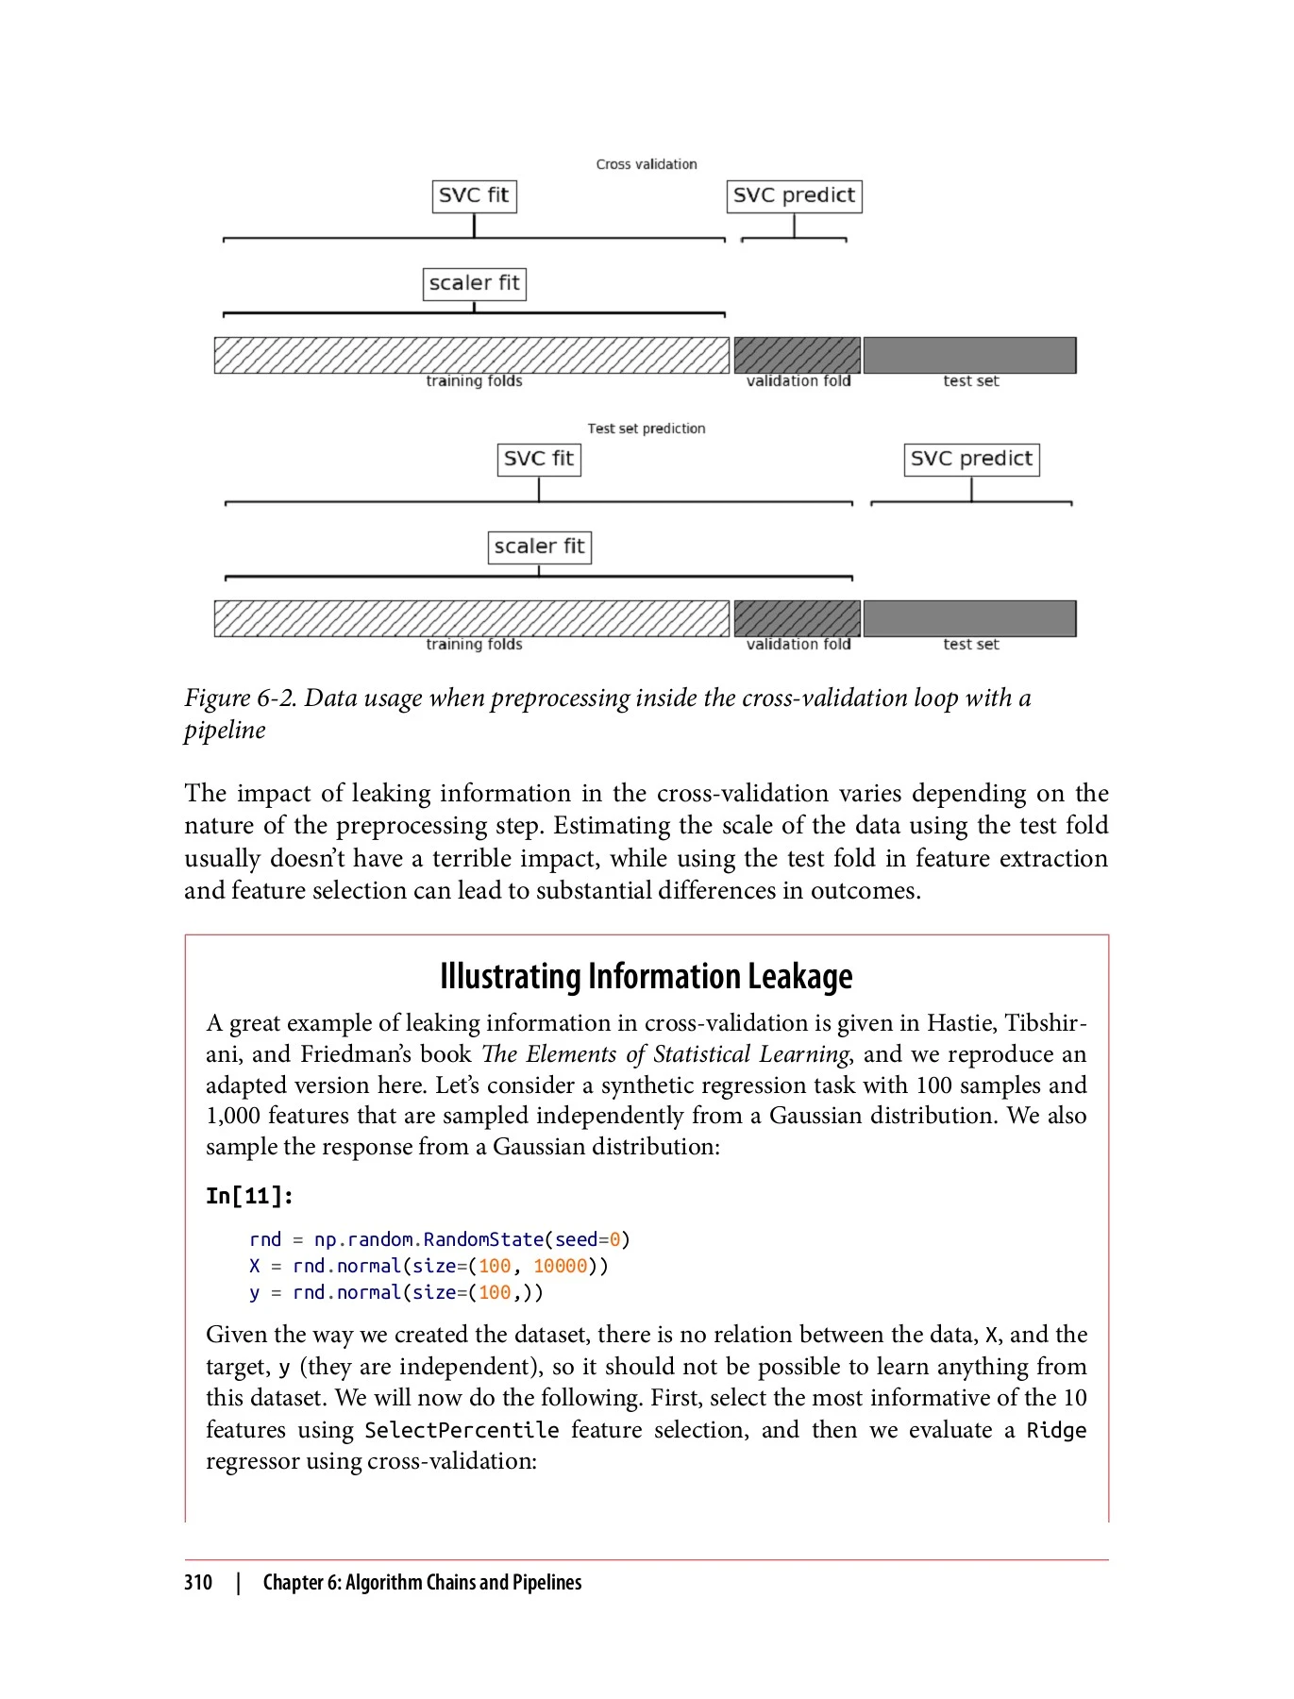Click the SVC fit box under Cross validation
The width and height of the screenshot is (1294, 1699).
(474, 196)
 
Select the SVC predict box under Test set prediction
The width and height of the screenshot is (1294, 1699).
(971, 460)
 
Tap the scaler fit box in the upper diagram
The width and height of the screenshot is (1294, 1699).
(474, 283)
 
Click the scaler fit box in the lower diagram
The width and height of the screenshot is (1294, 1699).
(539, 547)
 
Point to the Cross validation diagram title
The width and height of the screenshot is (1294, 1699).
(647, 164)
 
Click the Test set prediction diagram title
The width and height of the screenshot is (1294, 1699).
(647, 429)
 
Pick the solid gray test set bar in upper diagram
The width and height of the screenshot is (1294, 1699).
(969, 355)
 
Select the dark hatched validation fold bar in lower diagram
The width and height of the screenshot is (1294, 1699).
(798, 618)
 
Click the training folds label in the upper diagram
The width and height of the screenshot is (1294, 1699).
(474, 381)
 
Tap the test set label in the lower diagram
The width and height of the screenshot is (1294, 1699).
(970, 645)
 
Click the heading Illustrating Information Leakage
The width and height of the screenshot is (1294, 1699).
(647, 976)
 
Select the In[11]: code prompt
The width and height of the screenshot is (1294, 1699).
(250, 1196)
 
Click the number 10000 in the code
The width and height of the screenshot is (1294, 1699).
(560, 1266)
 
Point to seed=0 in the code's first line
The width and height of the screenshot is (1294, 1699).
(586, 1239)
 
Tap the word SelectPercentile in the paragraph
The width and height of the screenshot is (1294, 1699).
(462, 1430)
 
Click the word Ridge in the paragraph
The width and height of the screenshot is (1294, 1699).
(1056, 1430)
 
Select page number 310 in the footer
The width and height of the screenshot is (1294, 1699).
(198, 1583)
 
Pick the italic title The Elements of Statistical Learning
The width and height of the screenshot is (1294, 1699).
(665, 1054)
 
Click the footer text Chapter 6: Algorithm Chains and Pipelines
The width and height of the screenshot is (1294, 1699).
(422, 1583)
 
